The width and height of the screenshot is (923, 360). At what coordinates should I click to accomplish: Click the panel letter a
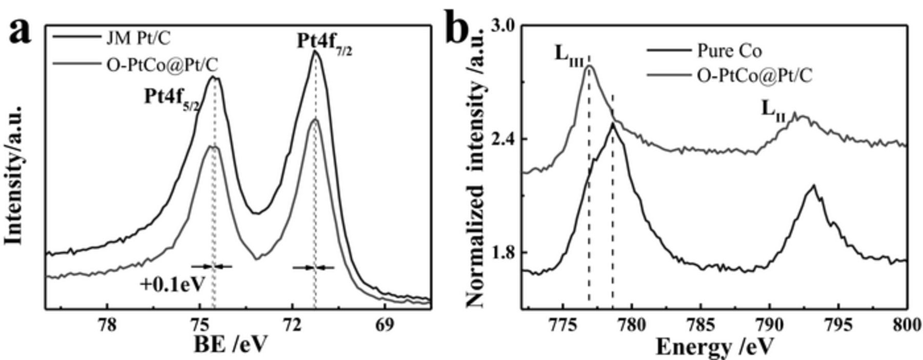click(x=19, y=32)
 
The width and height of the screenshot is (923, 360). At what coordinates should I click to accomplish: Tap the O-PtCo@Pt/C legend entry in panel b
click(x=754, y=76)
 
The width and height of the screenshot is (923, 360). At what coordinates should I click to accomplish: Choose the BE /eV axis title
click(x=230, y=346)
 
